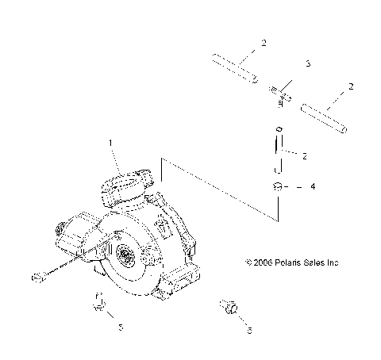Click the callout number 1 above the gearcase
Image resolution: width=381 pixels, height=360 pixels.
[x=110, y=143]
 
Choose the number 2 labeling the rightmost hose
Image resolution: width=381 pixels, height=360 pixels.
[x=350, y=86]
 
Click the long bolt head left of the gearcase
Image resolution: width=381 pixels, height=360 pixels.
[x=37, y=277]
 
